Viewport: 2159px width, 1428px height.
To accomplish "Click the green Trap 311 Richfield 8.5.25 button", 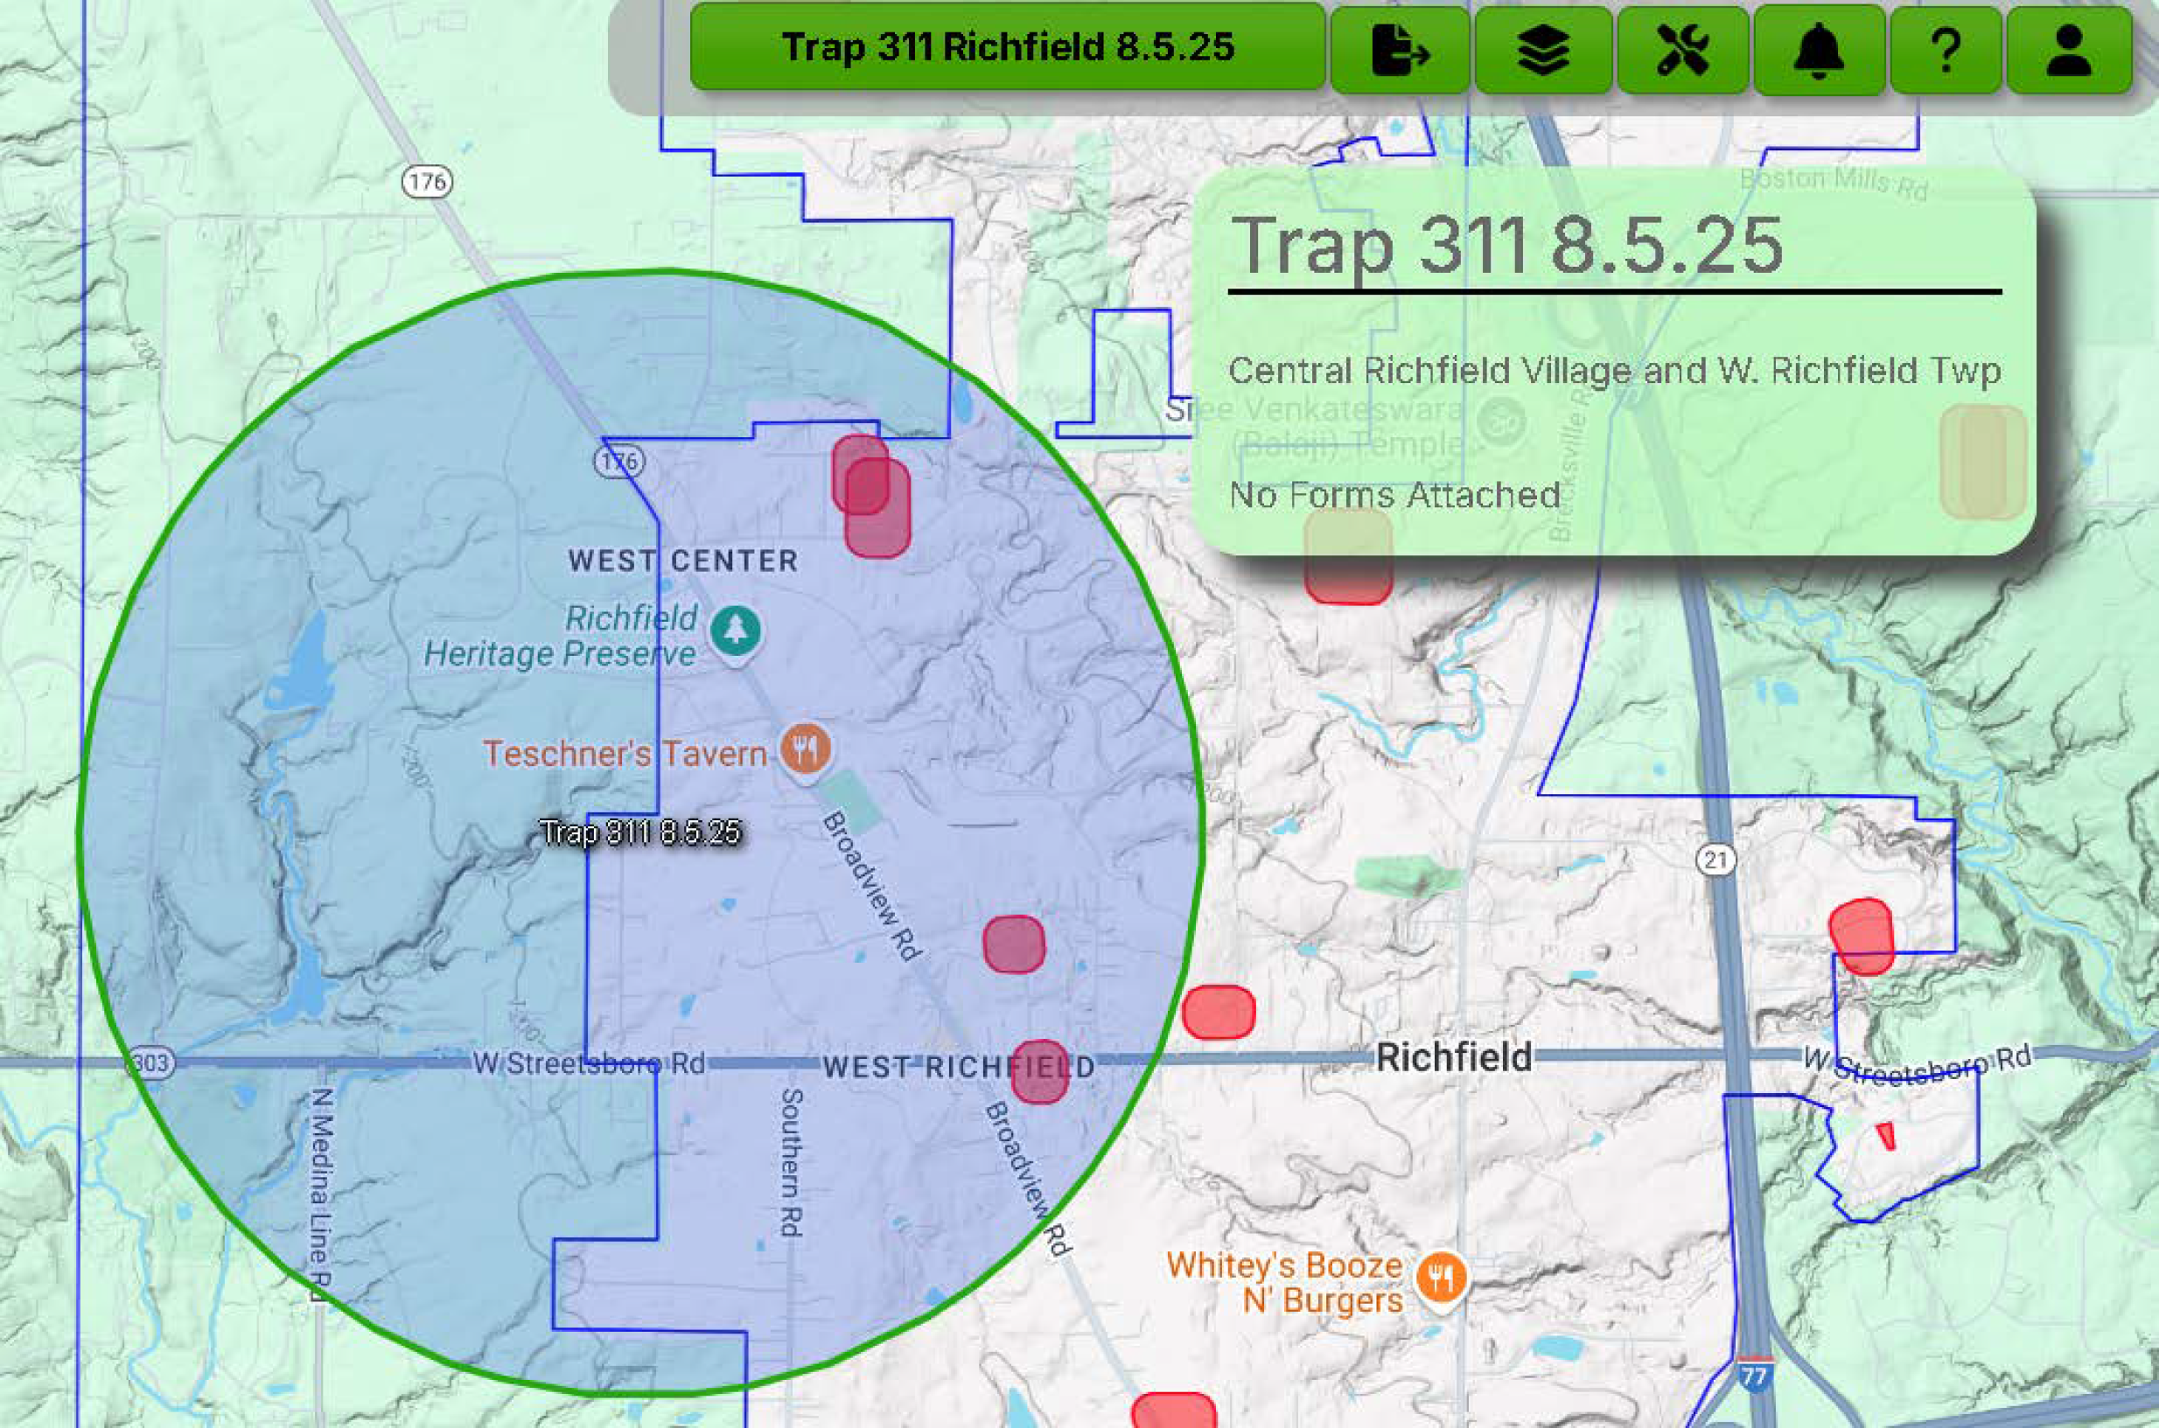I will pos(1007,47).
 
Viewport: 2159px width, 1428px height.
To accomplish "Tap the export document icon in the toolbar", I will pos(1400,49).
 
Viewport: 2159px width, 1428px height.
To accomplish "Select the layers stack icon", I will pos(1543,49).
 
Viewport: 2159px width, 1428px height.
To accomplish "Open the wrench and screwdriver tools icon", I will pos(1682,49).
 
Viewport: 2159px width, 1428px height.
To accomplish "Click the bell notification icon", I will pos(1819,49).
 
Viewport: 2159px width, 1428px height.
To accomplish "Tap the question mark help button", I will pos(1945,49).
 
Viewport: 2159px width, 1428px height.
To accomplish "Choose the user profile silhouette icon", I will pos(2069,49).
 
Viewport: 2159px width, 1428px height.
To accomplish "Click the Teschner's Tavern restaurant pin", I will pos(805,749).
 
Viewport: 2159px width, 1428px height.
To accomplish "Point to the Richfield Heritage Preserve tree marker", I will pos(735,629).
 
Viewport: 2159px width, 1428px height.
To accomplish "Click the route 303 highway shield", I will pos(150,1062).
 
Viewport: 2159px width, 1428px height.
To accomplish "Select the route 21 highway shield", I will pos(1715,859).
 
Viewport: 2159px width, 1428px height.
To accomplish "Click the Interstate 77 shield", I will pos(1754,1375).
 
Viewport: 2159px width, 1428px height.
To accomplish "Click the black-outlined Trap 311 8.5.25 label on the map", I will pos(640,832).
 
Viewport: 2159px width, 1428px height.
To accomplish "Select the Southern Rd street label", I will pos(791,1162).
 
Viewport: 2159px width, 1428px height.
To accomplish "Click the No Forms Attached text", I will pos(1394,496).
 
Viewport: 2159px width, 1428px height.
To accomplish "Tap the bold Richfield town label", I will pos(1453,1057).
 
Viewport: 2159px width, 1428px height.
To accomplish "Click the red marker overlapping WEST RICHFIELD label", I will pos(1038,1072).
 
